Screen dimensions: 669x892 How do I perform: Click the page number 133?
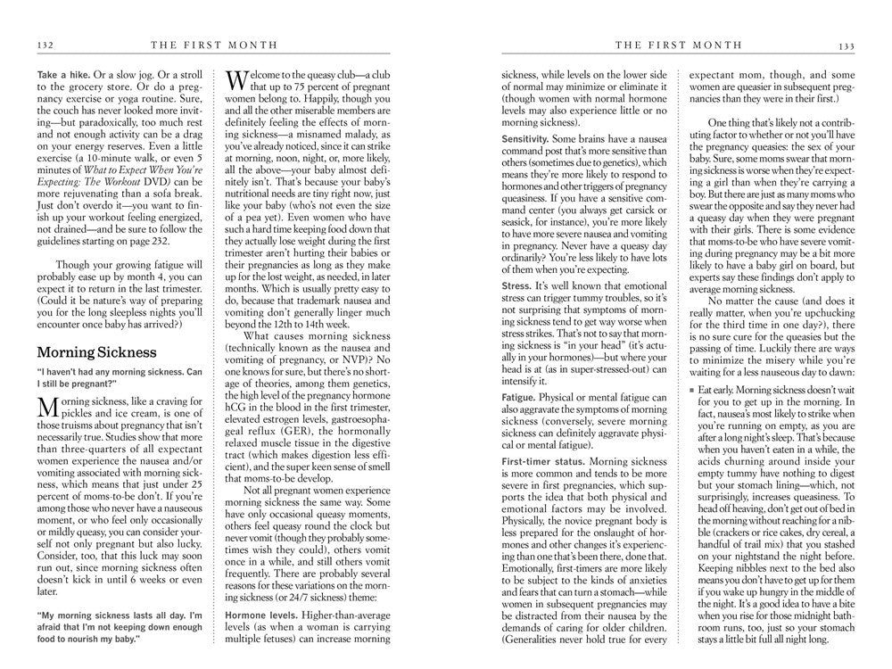click(x=847, y=45)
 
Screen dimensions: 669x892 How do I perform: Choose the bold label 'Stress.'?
click(x=517, y=284)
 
